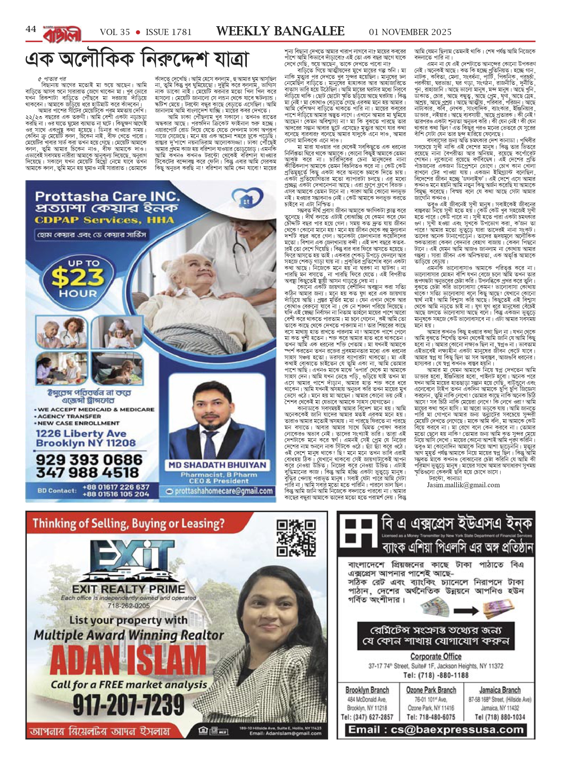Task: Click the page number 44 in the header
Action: pos(31,30)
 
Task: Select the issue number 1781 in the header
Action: pos(169,32)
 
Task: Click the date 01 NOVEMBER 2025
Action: pos(410,32)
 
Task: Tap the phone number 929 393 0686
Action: pos(89,460)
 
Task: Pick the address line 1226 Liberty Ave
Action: pos(81,434)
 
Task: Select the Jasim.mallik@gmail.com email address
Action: pos(463,485)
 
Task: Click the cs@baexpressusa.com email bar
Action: pos(436,729)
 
